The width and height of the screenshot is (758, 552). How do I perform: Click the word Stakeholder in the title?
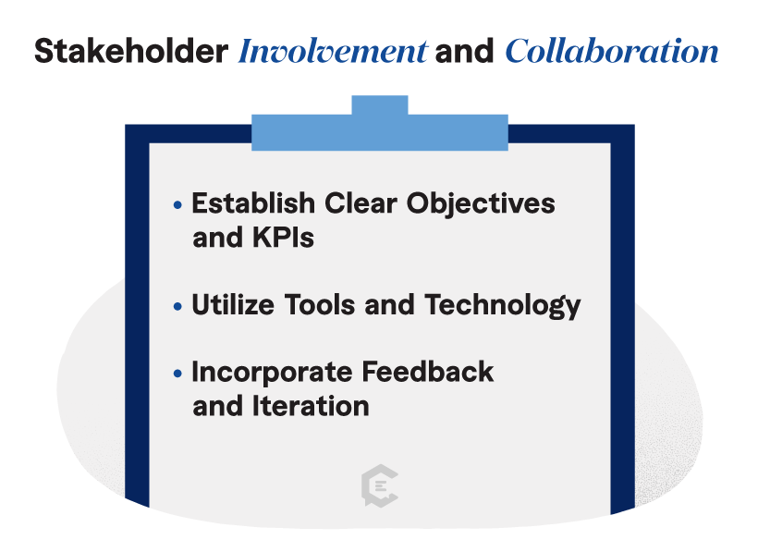[131, 51]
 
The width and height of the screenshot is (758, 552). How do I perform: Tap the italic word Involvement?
[333, 51]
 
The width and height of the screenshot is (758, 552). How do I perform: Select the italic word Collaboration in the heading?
[612, 51]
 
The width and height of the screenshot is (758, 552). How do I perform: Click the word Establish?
[253, 202]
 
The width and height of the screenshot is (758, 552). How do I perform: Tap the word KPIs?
[283, 237]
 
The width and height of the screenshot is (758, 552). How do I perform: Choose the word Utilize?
[233, 304]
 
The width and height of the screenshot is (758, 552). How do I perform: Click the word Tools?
[320, 304]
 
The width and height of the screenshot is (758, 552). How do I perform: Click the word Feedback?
[427, 371]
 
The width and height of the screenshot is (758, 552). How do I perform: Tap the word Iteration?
[311, 405]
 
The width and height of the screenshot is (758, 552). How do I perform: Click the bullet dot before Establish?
[177, 205]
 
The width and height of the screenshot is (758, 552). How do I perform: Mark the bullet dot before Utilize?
[177, 306]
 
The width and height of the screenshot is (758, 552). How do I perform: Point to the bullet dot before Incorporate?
[177, 374]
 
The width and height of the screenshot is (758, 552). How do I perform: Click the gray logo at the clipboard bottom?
[380, 485]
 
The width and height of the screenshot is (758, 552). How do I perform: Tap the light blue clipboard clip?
[380, 131]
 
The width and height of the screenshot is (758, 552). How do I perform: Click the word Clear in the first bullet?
[361, 202]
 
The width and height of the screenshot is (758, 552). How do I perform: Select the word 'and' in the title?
[464, 51]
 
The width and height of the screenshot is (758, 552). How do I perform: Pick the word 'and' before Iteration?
[217, 405]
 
